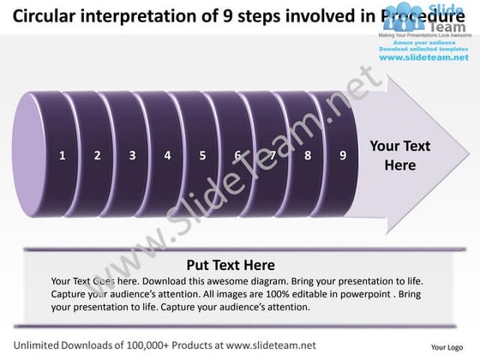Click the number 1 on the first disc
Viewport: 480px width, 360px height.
coord(63,156)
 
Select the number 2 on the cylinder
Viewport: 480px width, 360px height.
coord(98,156)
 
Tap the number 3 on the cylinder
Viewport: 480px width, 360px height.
coord(132,156)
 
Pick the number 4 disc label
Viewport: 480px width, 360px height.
coord(167,156)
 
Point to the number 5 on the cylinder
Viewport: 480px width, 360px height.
coord(202,156)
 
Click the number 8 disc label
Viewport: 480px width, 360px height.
coord(307,156)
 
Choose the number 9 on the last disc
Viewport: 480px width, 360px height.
coord(342,156)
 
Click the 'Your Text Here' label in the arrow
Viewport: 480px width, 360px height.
coord(399,155)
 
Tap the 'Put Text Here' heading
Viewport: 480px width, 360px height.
coord(231,265)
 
